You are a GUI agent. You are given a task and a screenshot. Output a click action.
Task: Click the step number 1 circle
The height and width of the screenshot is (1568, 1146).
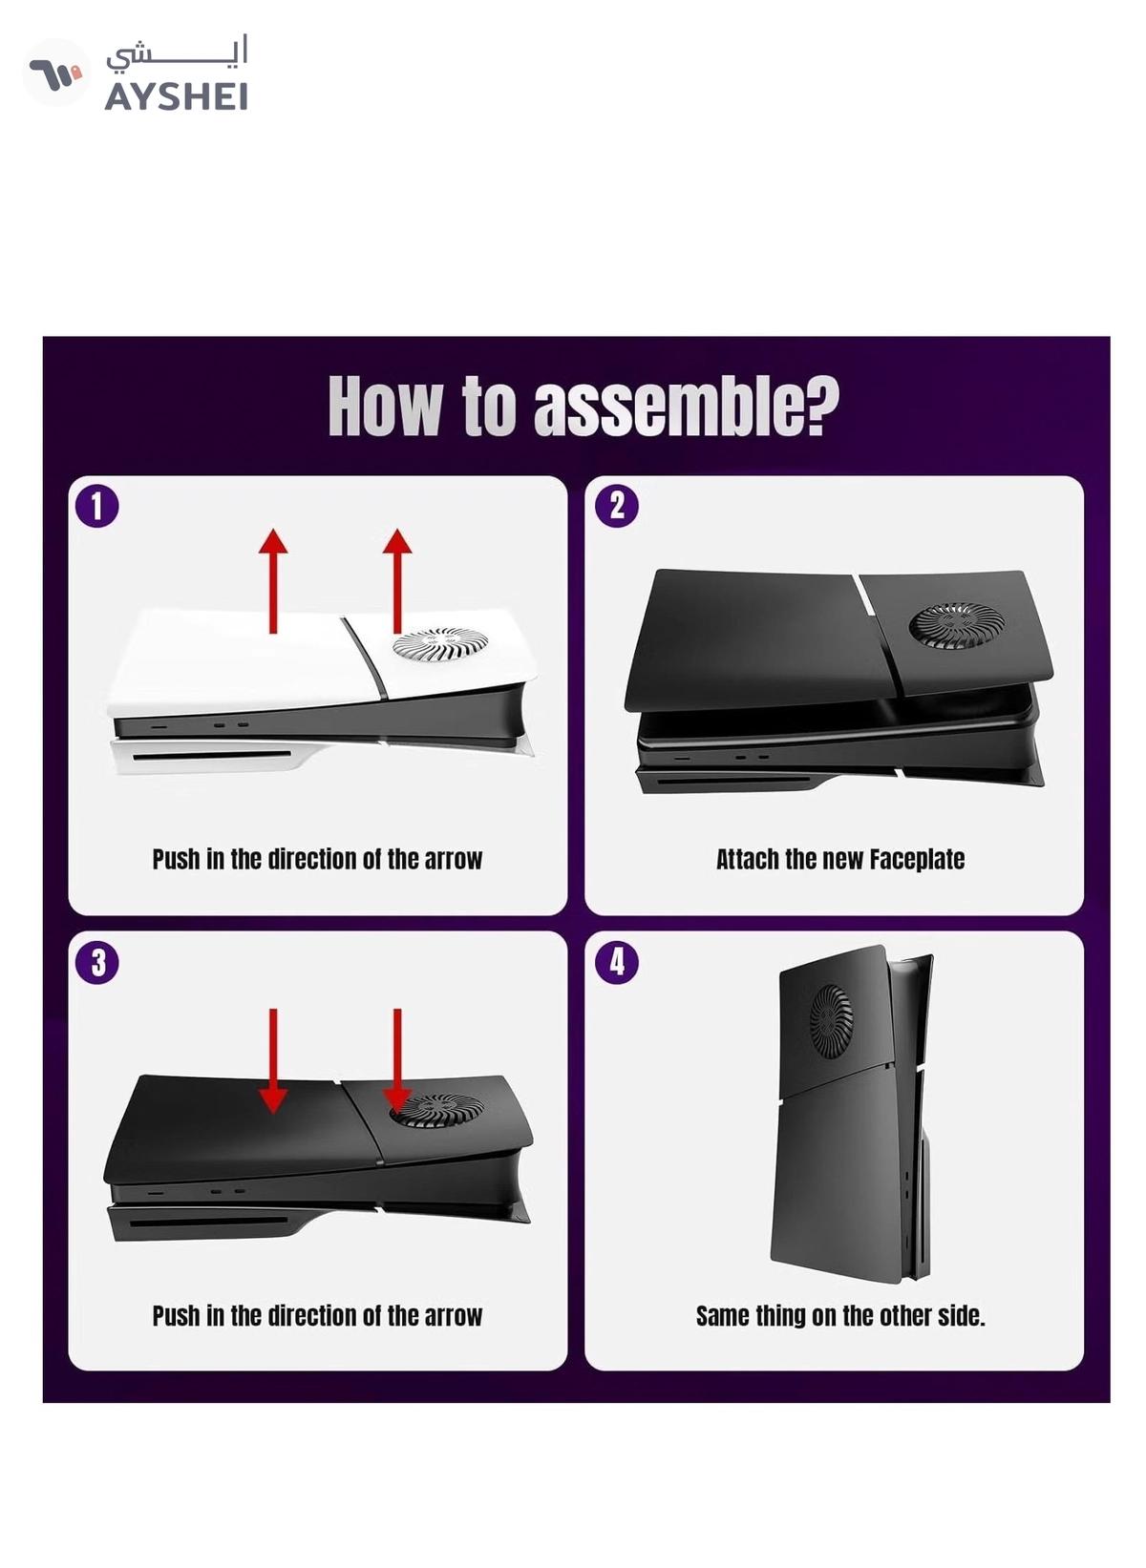coord(96,507)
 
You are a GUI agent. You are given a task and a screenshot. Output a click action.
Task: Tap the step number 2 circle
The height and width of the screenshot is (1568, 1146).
coord(616,507)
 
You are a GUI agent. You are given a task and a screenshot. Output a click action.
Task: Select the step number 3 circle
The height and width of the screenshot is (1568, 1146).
coord(96,963)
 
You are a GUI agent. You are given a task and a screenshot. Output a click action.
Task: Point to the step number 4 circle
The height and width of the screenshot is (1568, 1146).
coord(616,963)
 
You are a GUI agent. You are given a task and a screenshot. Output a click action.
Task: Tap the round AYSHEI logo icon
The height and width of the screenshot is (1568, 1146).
coord(56,73)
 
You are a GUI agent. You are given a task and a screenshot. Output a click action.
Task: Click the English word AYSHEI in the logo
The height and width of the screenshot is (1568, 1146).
coord(176,97)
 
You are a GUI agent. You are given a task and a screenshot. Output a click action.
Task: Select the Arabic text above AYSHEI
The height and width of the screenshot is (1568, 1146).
coord(178,53)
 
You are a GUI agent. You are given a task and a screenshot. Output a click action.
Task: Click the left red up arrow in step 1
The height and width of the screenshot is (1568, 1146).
coord(272,582)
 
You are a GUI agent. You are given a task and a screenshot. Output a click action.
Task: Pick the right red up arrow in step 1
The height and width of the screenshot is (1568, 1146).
coord(397,582)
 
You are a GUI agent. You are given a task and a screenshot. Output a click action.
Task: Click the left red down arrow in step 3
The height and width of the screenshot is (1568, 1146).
coord(272,1060)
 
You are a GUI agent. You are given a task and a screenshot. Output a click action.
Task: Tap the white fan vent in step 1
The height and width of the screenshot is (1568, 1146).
coord(440,643)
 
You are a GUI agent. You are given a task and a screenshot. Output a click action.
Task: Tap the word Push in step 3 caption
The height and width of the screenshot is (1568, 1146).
coord(177,1315)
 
